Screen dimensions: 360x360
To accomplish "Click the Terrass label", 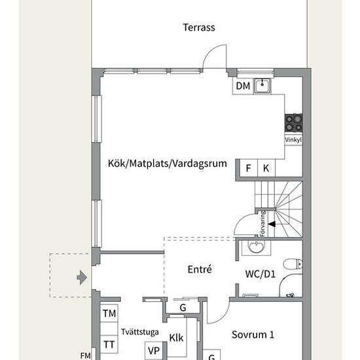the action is point(199,27).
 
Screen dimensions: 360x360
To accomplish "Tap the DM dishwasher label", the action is point(243,86).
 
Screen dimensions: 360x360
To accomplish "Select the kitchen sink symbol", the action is point(262,86).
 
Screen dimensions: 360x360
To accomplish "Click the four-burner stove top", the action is point(293,123).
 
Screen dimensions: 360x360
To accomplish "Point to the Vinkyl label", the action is point(293,139).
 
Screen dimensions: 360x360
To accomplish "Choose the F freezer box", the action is point(249,168).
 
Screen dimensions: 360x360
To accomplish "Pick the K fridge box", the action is point(266,168).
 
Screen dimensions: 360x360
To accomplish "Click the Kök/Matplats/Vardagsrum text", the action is point(167,164).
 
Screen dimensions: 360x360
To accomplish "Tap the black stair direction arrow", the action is point(272,224).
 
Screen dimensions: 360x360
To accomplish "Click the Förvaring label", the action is point(263,224).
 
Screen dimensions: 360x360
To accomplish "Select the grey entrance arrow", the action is point(82,278).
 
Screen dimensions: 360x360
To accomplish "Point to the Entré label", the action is point(200,269).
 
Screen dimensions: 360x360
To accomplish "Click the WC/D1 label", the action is point(260,274).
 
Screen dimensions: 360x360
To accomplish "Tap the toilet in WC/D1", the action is point(293,264).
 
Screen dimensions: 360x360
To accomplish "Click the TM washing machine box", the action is point(109,313).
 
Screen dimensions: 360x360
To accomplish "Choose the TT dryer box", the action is point(109,344).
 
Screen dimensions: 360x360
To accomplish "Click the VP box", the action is point(154,351).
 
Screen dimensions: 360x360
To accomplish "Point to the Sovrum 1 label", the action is point(253,334).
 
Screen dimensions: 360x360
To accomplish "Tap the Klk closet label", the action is point(176,338).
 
